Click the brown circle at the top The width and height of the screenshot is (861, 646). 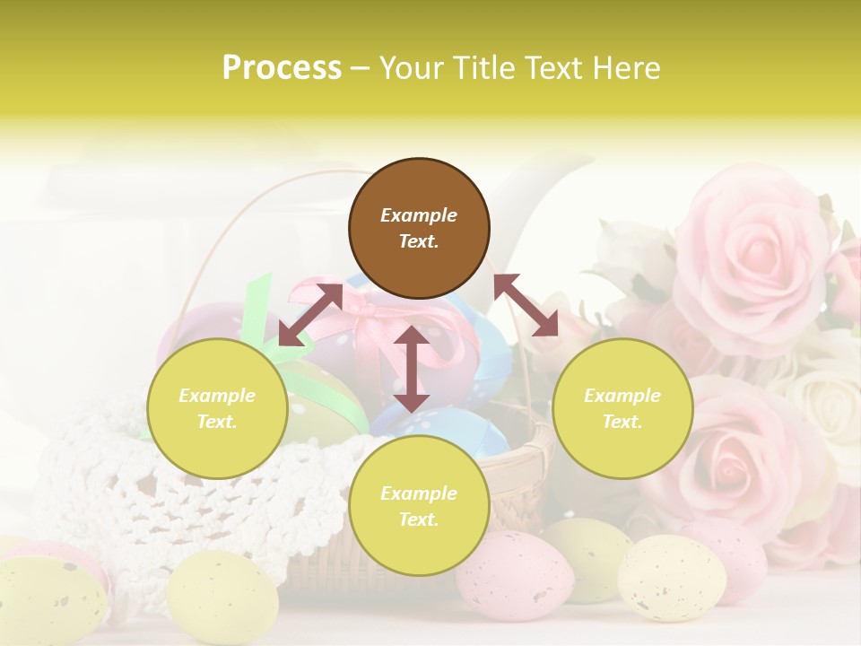tap(419, 228)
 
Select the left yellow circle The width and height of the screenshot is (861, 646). tap(217, 408)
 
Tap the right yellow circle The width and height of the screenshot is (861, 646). tap(622, 408)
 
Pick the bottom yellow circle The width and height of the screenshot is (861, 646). tap(419, 506)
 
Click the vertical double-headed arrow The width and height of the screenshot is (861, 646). tap(411, 369)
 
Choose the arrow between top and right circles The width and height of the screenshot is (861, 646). tap(526, 305)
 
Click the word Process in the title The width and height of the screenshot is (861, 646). tap(282, 68)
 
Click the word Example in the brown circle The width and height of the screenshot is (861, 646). tap(419, 215)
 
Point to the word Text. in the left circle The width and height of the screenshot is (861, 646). tap(217, 422)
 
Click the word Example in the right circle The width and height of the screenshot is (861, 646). tap(622, 396)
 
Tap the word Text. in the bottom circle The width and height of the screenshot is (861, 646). tap(419, 519)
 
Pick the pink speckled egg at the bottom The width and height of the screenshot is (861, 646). tap(515, 574)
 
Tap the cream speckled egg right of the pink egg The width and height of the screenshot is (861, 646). tap(672, 577)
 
